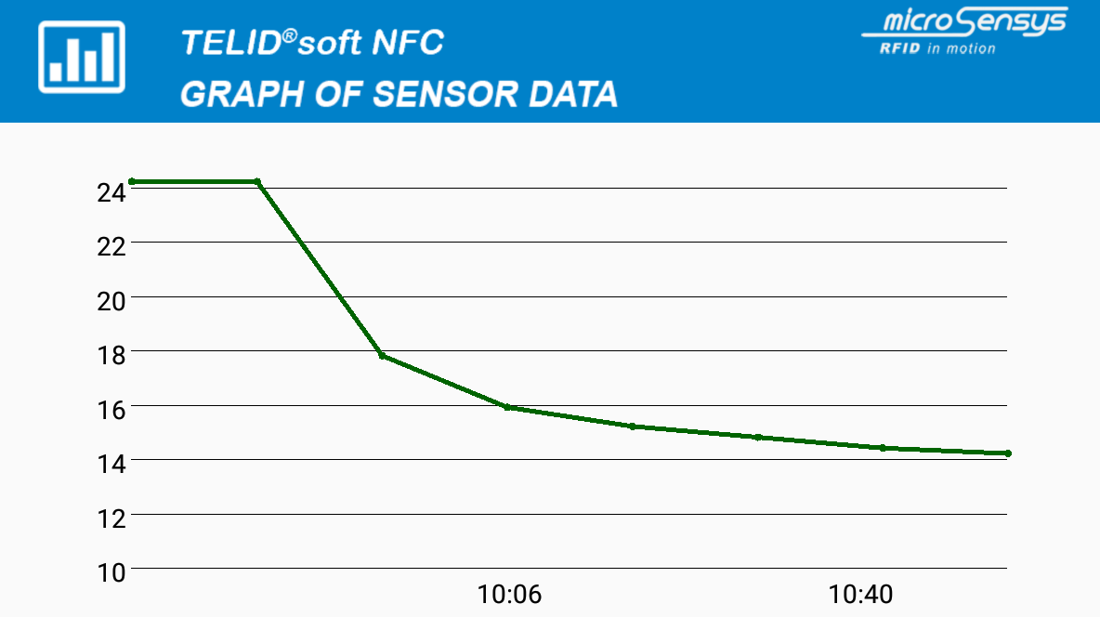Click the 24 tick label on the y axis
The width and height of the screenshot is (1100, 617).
(x=111, y=192)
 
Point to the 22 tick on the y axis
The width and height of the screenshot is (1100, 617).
(x=111, y=247)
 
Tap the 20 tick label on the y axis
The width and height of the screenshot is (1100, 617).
(x=111, y=301)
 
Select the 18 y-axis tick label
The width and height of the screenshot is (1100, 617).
(x=111, y=355)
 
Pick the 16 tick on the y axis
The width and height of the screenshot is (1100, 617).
(x=111, y=410)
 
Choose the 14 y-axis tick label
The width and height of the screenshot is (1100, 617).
(x=111, y=464)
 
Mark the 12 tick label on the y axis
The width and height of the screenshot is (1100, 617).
(x=111, y=519)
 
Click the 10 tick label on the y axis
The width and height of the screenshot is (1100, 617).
(x=111, y=572)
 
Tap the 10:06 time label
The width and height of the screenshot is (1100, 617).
(x=509, y=595)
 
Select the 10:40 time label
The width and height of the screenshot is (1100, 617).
(x=861, y=595)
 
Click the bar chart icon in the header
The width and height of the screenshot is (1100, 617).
(x=82, y=58)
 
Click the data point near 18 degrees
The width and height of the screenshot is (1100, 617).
(x=382, y=356)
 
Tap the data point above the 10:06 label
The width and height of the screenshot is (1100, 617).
(x=507, y=407)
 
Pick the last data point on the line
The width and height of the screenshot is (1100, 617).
(x=1007, y=453)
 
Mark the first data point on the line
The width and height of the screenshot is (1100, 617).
(x=132, y=181)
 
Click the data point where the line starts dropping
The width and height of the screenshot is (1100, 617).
(x=257, y=181)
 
